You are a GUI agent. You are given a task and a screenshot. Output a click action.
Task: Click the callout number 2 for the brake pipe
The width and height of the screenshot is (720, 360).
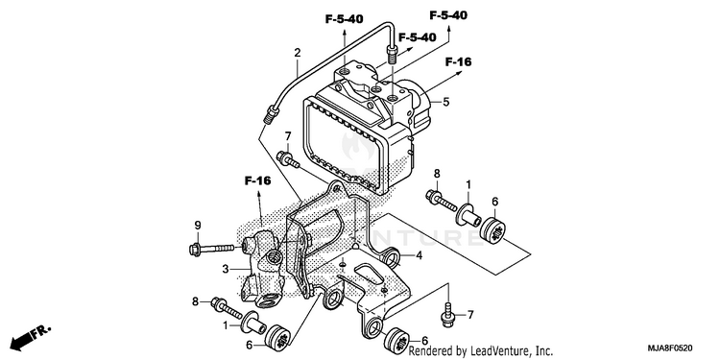pyautogui.click(x=298, y=53)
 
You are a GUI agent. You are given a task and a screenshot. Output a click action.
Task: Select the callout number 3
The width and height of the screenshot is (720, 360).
pyautogui.click(x=226, y=270)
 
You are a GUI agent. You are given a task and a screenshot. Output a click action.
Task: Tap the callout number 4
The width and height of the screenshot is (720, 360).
pyautogui.click(x=419, y=255)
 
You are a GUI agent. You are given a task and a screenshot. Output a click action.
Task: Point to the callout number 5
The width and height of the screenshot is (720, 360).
pyautogui.click(x=445, y=102)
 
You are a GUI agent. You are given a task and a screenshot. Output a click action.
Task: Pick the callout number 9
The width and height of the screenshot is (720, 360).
pyautogui.click(x=198, y=226)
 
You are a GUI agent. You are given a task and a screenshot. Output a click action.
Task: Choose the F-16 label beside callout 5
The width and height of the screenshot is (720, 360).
pyautogui.click(x=458, y=61)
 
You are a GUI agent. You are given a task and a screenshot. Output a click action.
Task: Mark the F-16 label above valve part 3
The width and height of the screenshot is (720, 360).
pyautogui.click(x=257, y=180)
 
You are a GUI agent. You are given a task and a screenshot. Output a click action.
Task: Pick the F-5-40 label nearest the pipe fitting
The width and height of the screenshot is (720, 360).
pyautogui.click(x=417, y=37)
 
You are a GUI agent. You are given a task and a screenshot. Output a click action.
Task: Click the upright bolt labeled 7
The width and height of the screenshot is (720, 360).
pyautogui.click(x=447, y=316)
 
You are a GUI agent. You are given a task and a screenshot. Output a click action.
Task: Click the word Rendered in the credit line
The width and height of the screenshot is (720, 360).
pyautogui.click(x=426, y=351)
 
